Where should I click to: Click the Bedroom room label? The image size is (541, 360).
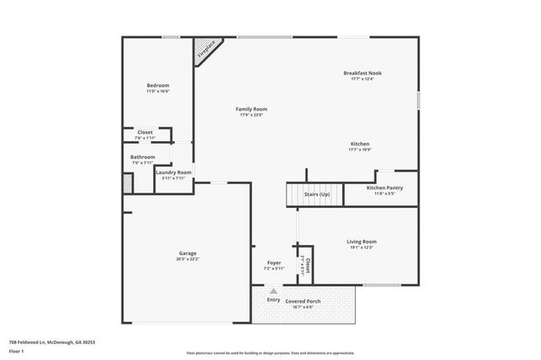[x=158, y=85]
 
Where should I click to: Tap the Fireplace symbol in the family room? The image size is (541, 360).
[x=204, y=50]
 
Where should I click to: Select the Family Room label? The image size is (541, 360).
[x=251, y=109]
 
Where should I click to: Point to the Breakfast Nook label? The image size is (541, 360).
[x=363, y=74]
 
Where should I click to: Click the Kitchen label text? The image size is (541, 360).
[x=360, y=145]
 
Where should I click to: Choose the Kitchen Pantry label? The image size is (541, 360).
[x=384, y=188]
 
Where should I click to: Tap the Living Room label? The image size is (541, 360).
[x=361, y=242]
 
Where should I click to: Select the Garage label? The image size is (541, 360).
[x=187, y=254]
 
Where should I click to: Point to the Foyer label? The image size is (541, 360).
[x=274, y=262]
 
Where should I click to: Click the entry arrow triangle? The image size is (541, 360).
[x=273, y=291]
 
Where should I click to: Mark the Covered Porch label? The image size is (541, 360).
[x=303, y=301]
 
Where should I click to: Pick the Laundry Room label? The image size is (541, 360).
[x=173, y=172]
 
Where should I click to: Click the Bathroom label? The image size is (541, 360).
[x=142, y=156]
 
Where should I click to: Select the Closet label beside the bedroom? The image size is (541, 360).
[x=145, y=133]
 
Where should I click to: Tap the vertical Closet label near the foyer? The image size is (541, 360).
[x=309, y=267]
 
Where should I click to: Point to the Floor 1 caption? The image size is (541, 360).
[x=16, y=350]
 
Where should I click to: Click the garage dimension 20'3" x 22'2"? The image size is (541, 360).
[x=187, y=259]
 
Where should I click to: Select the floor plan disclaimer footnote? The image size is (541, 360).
[x=270, y=352]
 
